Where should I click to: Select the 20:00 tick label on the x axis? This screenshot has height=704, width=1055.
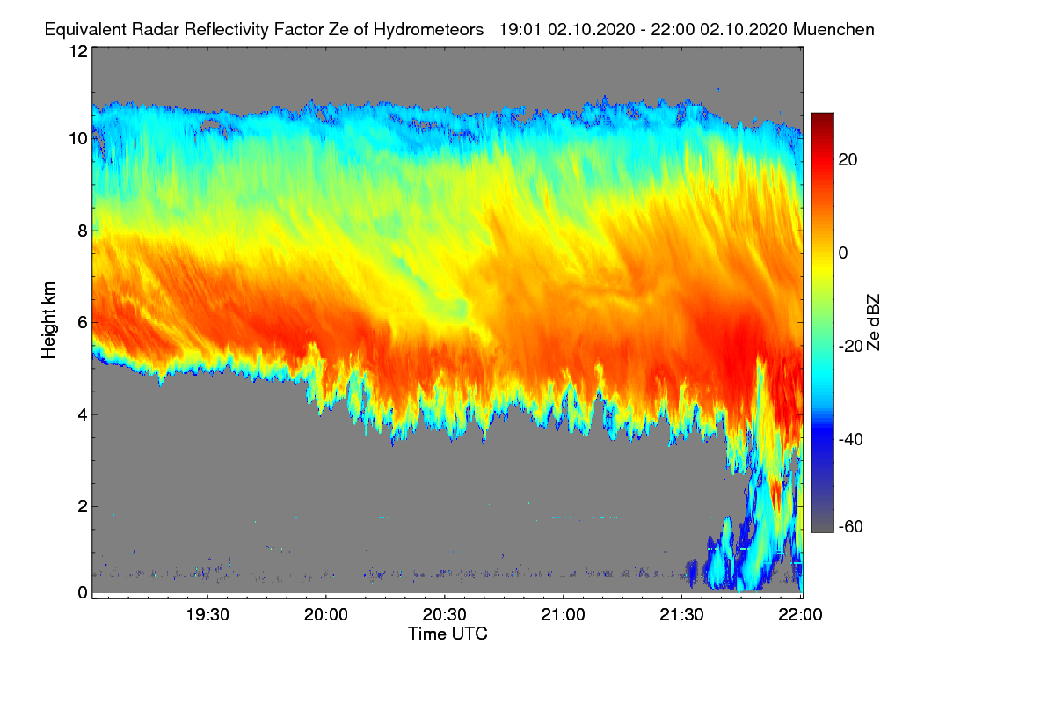[326, 614]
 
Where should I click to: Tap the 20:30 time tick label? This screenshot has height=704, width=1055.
[445, 614]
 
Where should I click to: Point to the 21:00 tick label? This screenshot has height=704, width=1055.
[564, 614]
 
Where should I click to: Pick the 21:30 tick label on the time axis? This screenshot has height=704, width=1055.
[682, 614]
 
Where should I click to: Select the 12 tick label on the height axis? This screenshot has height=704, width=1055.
[77, 51]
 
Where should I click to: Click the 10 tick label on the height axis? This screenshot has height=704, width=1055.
[77, 139]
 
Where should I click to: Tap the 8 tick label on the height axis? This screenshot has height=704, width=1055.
[82, 231]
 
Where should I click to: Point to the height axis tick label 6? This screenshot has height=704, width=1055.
[82, 322]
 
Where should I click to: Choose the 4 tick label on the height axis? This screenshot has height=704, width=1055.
[82, 414]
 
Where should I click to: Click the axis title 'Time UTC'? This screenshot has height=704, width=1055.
[447, 634]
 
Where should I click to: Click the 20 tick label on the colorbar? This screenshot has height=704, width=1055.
[848, 160]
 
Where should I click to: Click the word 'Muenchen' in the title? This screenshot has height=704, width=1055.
[833, 29]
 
